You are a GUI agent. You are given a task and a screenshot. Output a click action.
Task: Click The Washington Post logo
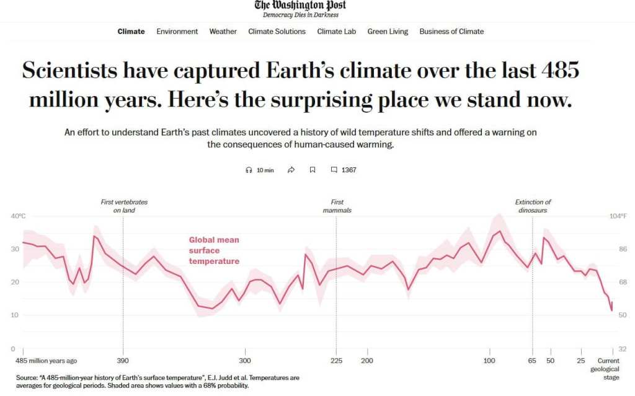(x=300, y=6)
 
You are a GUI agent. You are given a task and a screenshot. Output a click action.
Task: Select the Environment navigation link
(x=177, y=32)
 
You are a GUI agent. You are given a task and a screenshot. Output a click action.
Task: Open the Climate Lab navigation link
(x=336, y=32)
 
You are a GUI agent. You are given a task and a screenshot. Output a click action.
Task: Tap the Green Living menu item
(x=388, y=32)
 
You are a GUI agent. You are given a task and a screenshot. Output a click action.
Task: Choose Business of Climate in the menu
(x=451, y=32)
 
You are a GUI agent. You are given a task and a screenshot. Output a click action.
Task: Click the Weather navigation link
(x=223, y=32)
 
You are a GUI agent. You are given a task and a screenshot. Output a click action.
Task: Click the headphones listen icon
(x=249, y=170)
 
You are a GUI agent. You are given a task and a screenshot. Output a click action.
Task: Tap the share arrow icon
(x=291, y=170)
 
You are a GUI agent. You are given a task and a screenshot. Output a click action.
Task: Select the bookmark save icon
(x=313, y=170)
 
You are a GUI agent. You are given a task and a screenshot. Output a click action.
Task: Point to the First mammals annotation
(x=337, y=206)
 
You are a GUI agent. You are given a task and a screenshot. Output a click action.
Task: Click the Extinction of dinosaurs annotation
(x=533, y=206)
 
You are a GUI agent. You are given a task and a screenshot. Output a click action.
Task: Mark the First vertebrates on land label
(x=124, y=206)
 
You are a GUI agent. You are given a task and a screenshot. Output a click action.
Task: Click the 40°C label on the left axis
(x=19, y=216)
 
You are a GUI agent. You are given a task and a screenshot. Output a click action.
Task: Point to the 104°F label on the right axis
(x=618, y=216)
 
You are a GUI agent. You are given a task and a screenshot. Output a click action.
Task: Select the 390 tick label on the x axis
(x=123, y=361)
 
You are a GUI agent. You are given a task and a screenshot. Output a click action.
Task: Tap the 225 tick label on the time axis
(x=337, y=361)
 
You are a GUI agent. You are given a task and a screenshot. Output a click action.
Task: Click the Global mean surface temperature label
(x=214, y=250)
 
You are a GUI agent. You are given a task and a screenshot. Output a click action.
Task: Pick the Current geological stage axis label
(x=608, y=368)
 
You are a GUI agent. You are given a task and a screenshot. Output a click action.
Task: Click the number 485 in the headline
(x=559, y=71)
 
